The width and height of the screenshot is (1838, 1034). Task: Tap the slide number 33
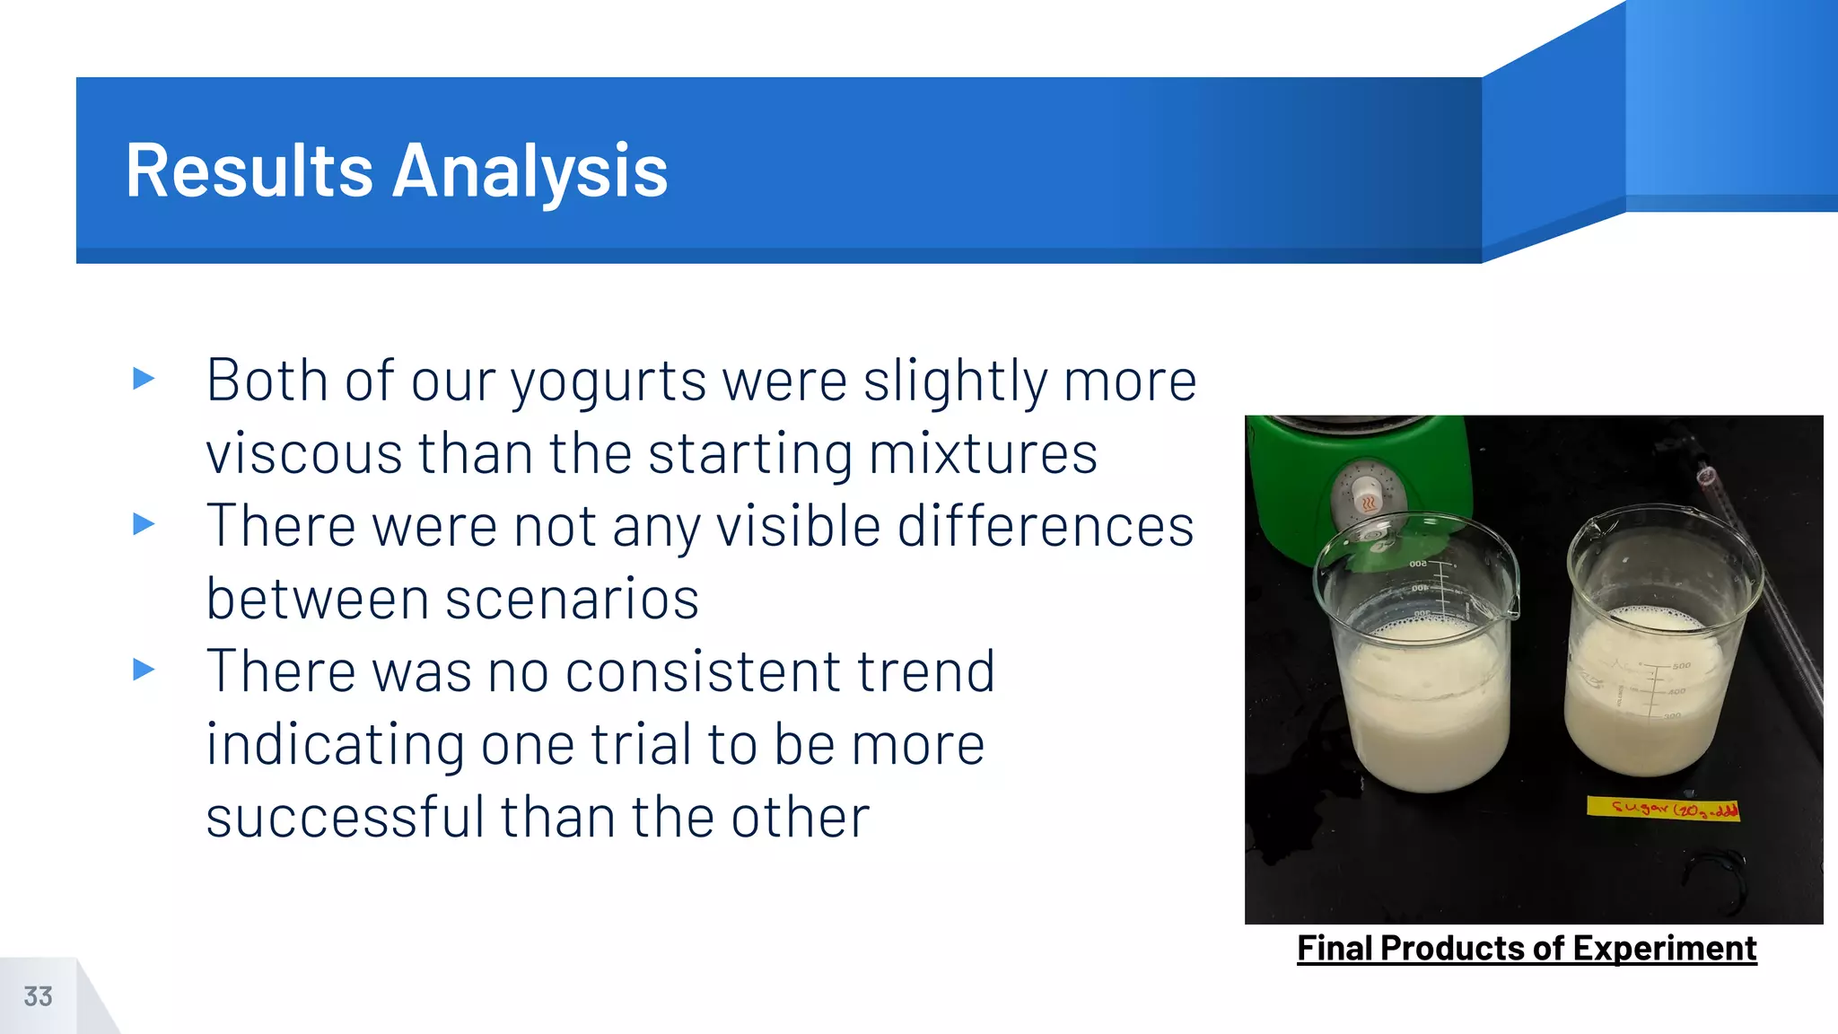(x=38, y=996)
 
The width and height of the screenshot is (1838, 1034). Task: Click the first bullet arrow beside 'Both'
(x=144, y=378)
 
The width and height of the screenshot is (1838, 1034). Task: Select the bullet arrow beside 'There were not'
(x=144, y=523)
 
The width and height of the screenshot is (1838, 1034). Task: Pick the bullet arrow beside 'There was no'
(x=144, y=669)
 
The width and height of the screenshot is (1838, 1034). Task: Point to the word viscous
(x=303, y=453)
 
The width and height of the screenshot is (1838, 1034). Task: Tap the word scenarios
(x=572, y=599)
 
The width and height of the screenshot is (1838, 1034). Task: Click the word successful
(x=345, y=817)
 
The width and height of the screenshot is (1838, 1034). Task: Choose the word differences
(x=1046, y=526)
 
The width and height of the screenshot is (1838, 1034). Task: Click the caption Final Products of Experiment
(x=1526, y=949)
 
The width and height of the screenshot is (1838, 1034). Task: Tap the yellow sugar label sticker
(x=1662, y=809)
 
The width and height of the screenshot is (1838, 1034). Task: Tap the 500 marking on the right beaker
(x=1681, y=666)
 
